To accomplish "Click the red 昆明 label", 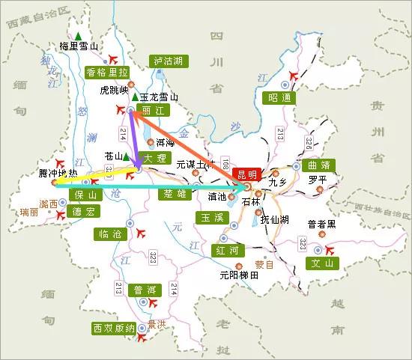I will click(247, 173).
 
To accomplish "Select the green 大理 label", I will click(154, 159).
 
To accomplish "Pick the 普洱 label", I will click(144, 290).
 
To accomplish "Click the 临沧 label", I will click(109, 234).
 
